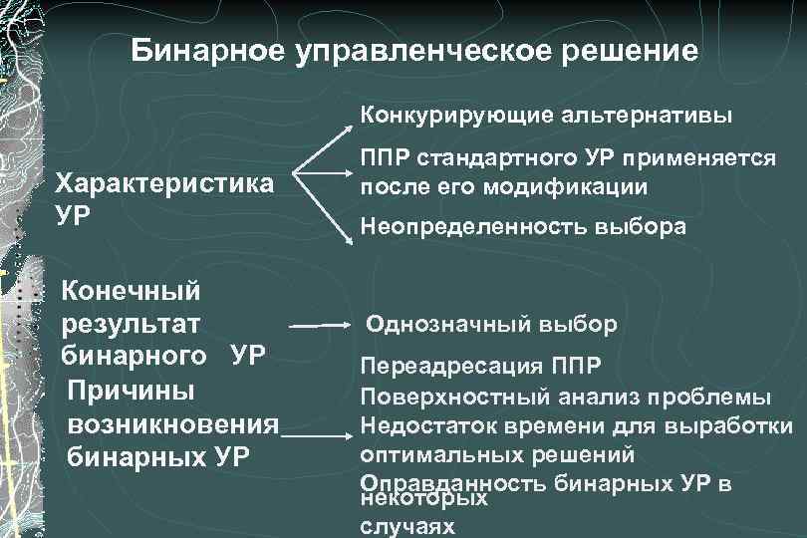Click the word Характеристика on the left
click(x=165, y=184)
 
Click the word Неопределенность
click(x=467, y=227)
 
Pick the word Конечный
click(x=130, y=291)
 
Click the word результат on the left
click(x=131, y=324)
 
